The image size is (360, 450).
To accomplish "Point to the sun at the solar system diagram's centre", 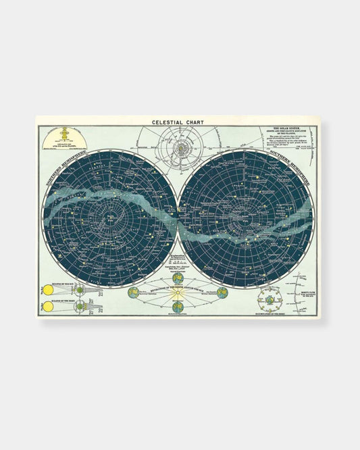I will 180,145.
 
